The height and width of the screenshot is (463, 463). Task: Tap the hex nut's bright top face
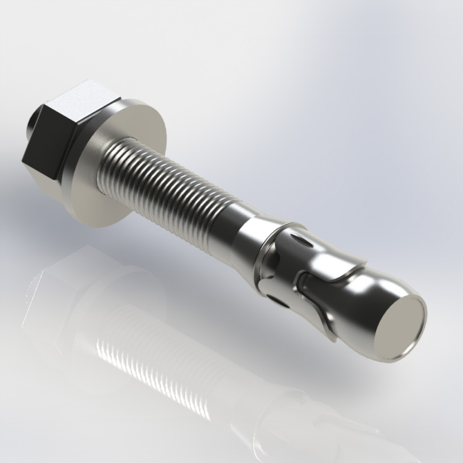click(81, 104)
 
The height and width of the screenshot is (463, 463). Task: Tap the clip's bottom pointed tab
click(332, 336)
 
